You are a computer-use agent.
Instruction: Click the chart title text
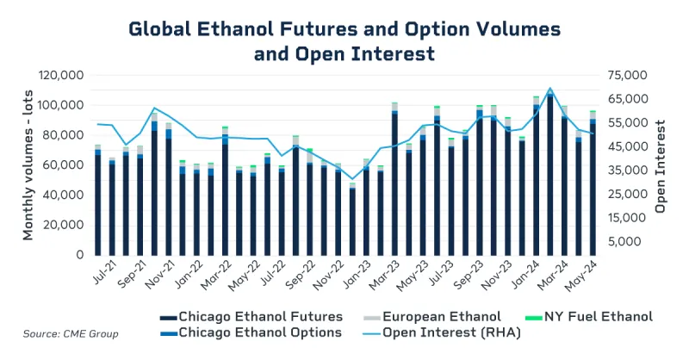(x=344, y=40)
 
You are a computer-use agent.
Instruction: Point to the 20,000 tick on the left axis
(x=62, y=225)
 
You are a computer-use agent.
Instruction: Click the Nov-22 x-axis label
(x=332, y=276)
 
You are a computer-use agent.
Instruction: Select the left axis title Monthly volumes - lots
(x=28, y=164)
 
